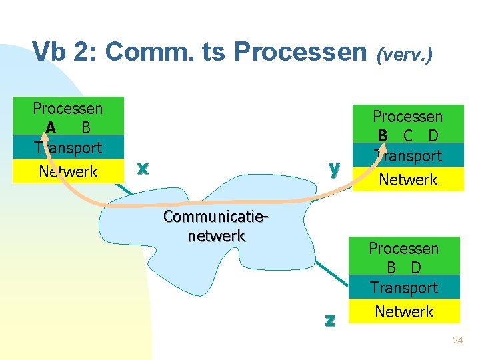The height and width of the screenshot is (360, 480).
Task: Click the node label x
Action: pos(141,169)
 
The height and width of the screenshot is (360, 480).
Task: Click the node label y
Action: pos(334,169)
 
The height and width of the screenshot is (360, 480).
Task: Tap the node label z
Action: pos(329,319)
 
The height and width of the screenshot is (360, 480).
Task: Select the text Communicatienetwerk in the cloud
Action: pos(216,227)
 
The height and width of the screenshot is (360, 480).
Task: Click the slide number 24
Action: pos(457,340)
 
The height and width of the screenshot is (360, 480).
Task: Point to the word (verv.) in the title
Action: pos(405,55)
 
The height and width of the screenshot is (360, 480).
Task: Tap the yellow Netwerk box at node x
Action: pos(68,171)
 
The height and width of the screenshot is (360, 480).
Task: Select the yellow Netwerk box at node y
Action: pos(407,179)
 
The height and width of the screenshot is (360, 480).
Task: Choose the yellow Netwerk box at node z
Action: pos(404,311)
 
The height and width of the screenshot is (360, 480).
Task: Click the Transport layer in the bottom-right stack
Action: pos(404,288)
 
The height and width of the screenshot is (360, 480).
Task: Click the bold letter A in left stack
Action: pos(51,127)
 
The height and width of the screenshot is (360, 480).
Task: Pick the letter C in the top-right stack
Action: pos(408,136)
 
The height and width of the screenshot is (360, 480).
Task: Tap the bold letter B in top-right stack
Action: pos(383,136)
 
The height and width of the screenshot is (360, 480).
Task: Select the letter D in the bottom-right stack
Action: pos(416,268)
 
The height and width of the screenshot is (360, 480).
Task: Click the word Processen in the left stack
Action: pos(68,108)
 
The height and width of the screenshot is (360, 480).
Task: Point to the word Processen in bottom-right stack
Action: pos(404,249)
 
